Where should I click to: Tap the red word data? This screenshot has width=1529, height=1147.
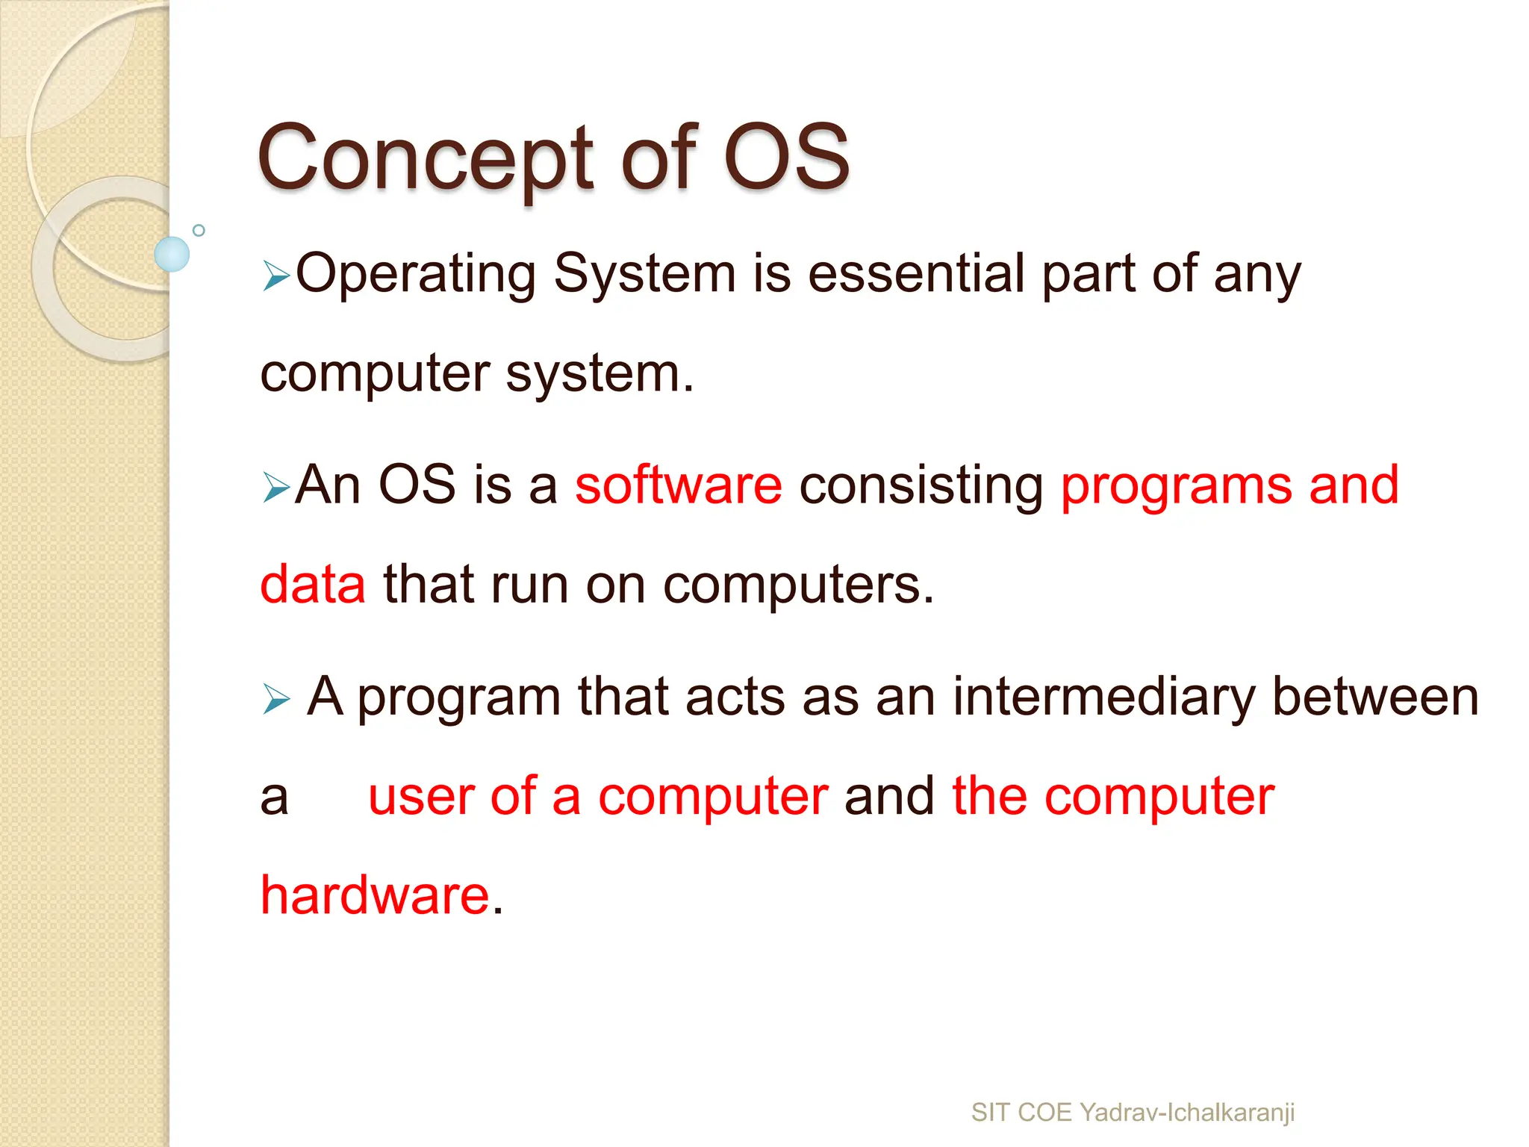[x=313, y=585]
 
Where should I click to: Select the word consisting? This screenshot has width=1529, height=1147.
[x=921, y=487]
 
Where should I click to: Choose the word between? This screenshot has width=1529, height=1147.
[x=1374, y=697]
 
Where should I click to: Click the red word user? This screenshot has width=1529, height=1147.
[x=421, y=797]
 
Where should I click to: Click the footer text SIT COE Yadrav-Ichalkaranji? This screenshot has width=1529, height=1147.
[x=1133, y=1113]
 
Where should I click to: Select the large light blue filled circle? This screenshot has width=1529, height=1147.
[x=172, y=254]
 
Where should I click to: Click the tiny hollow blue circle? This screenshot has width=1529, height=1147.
[x=199, y=230]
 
